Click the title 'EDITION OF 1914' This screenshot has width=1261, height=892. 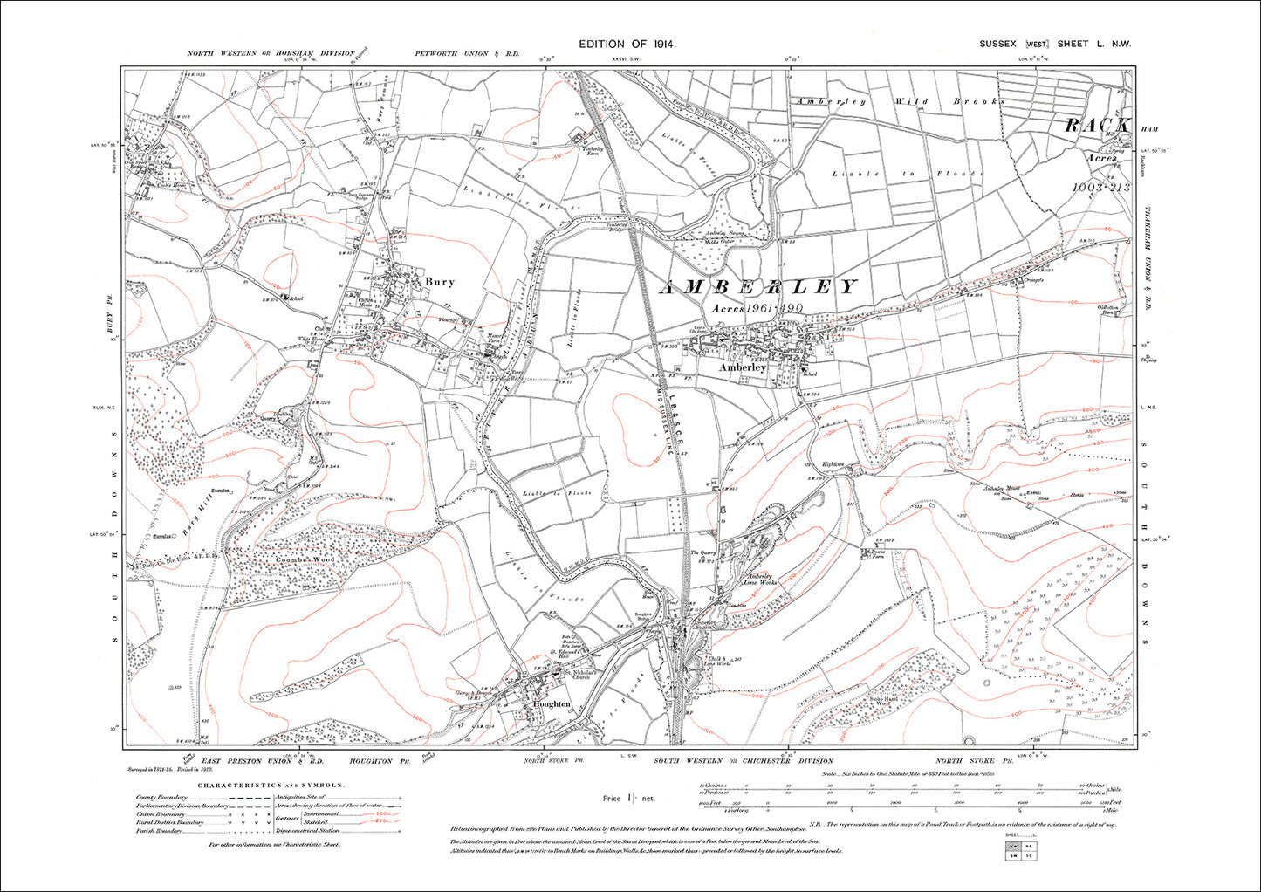(627, 44)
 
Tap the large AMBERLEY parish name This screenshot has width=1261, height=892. (757, 287)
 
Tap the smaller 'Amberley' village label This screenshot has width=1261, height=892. (743, 368)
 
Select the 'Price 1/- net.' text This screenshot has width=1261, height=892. (628, 798)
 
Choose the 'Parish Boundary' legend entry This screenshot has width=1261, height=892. (158, 831)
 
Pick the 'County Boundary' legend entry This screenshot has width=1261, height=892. (158, 797)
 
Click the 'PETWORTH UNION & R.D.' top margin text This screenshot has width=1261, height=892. (467, 54)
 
